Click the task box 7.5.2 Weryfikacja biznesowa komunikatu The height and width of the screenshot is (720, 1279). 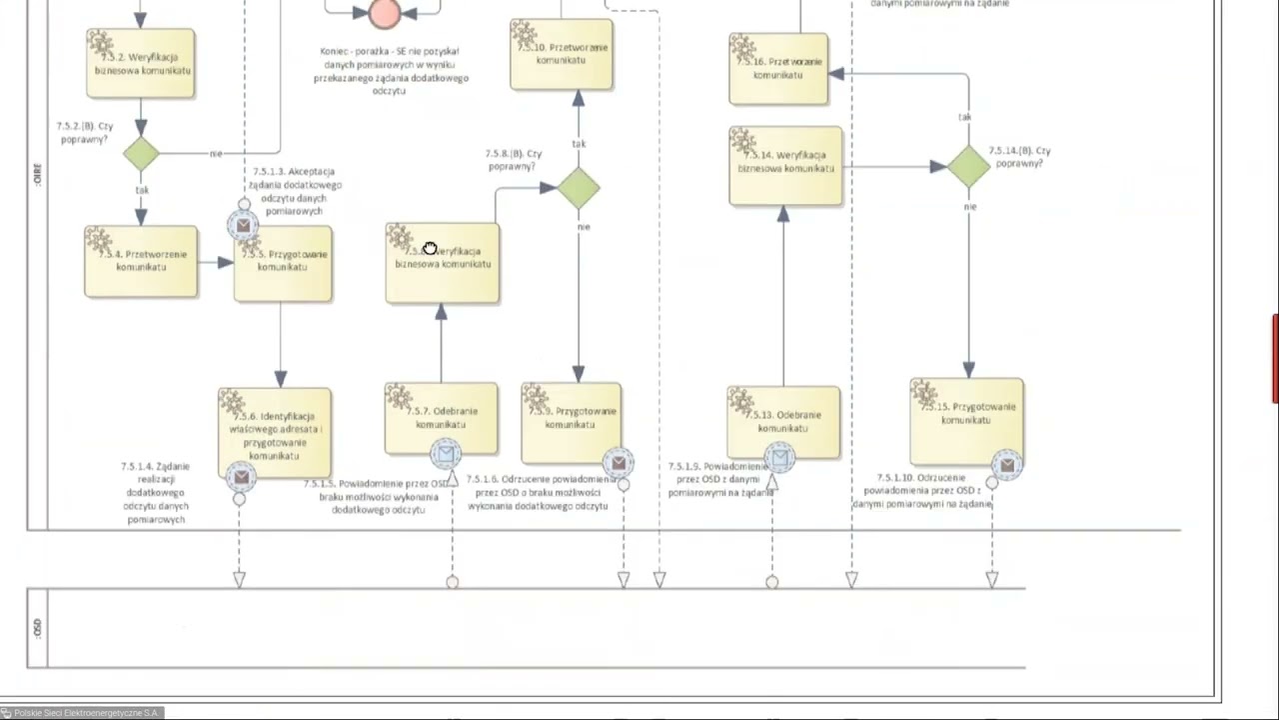tap(141, 64)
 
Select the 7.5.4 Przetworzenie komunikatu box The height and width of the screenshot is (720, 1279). tap(141, 261)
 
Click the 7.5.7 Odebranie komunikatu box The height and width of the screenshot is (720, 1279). tap(441, 415)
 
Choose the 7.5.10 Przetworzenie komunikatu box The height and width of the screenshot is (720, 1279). tap(561, 54)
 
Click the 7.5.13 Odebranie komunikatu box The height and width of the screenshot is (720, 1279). tap(783, 420)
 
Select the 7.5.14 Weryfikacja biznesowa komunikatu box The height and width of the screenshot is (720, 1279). tap(785, 165)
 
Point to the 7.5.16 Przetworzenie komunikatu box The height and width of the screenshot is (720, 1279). tap(778, 68)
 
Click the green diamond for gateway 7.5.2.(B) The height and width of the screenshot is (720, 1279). tap(141, 154)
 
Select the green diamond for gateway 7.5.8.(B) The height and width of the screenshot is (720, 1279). tap(579, 188)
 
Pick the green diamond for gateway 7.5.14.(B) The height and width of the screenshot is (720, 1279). tap(967, 166)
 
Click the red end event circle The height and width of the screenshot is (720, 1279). tap(385, 12)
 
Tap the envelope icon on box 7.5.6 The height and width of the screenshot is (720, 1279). tap(241, 477)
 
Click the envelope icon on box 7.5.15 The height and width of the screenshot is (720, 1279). tap(1007, 465)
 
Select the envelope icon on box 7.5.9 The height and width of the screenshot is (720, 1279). tap(619, 463)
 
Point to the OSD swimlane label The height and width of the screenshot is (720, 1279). tap(37, 628)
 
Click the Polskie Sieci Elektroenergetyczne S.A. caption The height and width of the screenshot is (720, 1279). tap(85, 713)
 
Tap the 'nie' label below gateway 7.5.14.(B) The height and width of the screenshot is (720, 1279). tap(970, 207)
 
